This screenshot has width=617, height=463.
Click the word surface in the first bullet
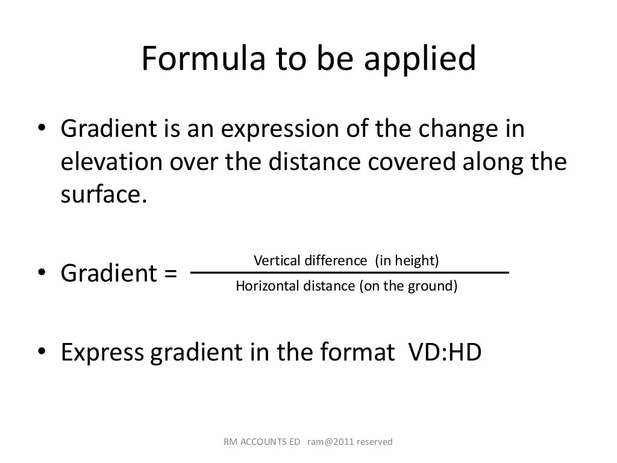click(x=100, y=196)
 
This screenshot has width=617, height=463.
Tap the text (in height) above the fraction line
click(x=407, y=260)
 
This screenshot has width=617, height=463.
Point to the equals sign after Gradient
click(x=170, y=273)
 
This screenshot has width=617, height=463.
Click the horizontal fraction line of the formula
click(x=349, y=273)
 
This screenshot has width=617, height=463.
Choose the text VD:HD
click(x=445, y=352)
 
